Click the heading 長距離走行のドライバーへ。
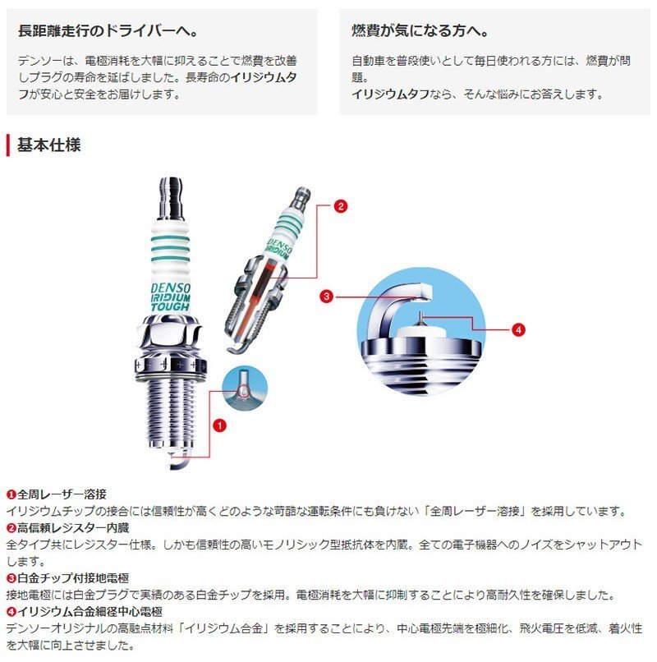click(108, 31)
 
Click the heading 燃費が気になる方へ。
click(420, 31)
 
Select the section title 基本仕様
click(48, 145)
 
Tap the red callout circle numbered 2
click(340, 206)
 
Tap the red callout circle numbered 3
click(326, 297)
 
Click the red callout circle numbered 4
click(518, 329)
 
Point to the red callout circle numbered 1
click(219, 425)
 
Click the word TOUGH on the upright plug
click(171, 307)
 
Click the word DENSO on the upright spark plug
click(171, 288)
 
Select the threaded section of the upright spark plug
click(171, 411)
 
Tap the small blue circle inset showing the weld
click(245, 388)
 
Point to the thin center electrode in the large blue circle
click(420, 318)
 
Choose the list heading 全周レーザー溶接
click(62, 494)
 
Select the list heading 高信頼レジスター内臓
click(72, 528)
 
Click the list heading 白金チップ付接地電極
click(72, 578)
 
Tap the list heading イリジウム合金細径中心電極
click(90, 611)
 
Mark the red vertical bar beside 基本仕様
click(8, 145)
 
